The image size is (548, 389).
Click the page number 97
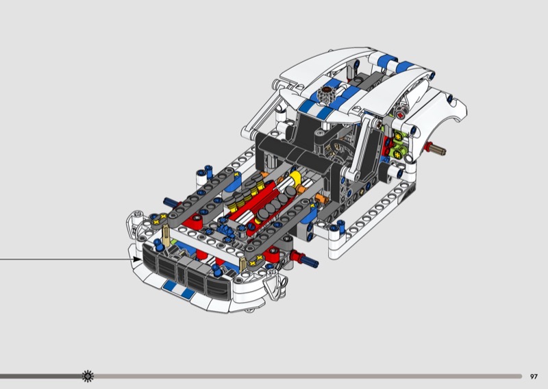(x=534, y=377)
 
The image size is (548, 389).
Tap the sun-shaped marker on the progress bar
(x=88, y=376)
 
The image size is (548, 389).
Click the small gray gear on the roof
(x=326, y=94)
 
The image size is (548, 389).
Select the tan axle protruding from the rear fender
(x=437, y=149)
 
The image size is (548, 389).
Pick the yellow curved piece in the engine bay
(x=296, y=177)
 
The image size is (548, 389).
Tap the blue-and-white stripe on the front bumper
(x=179, y=290)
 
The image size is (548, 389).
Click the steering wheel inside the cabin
(x=340, y=150)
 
